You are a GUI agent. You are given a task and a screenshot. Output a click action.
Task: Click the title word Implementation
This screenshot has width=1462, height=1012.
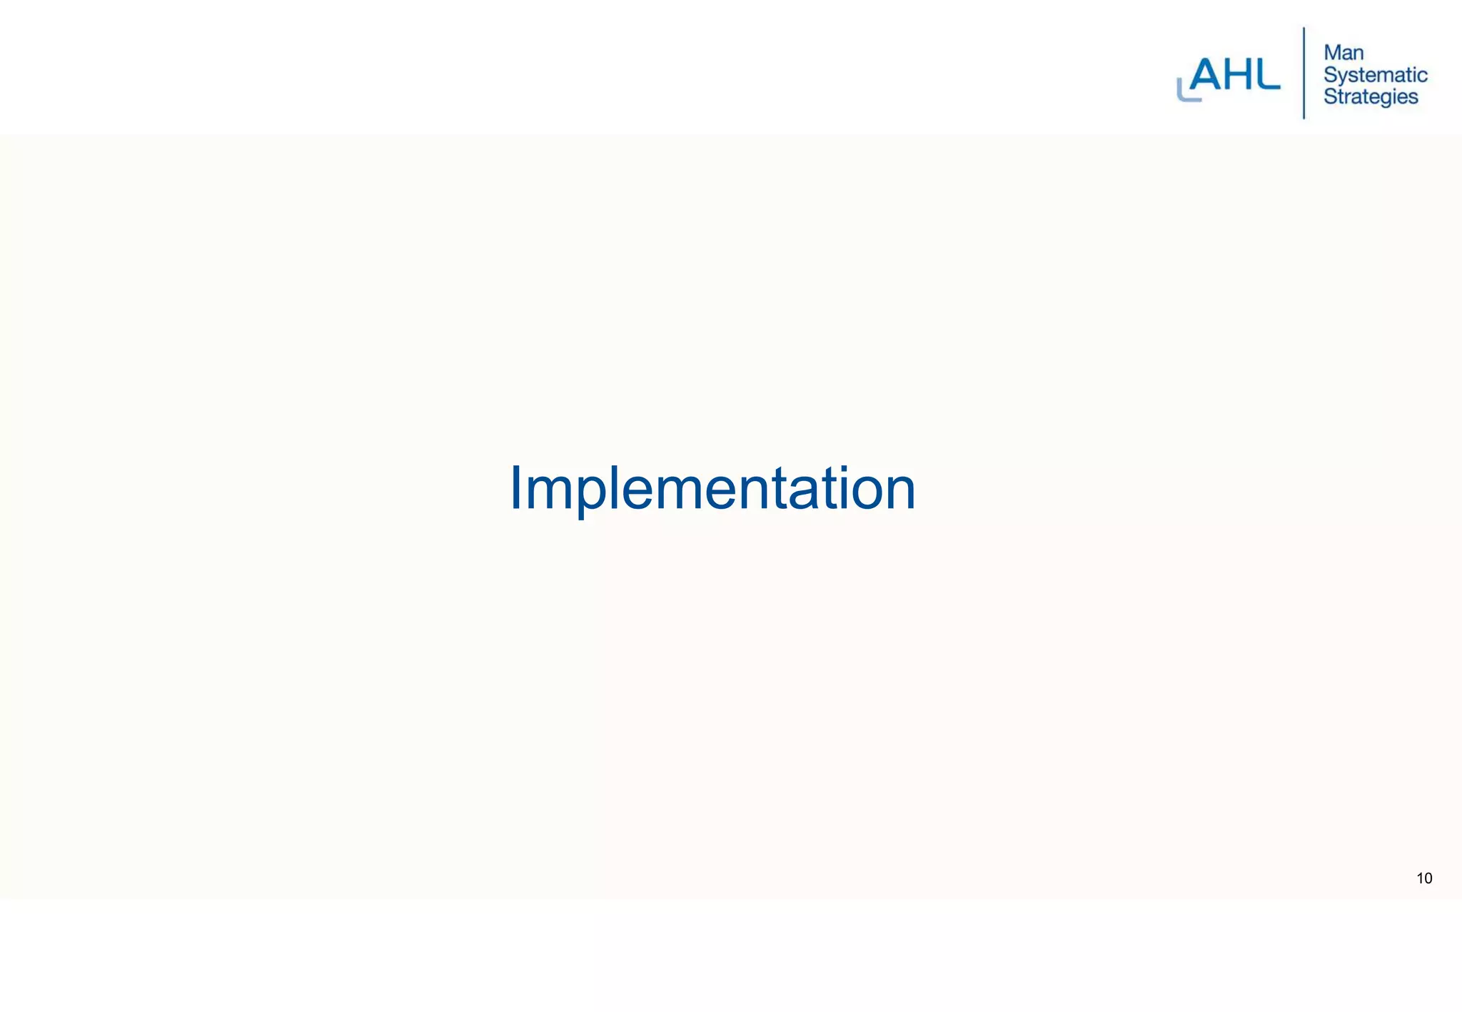(x=712, y=489)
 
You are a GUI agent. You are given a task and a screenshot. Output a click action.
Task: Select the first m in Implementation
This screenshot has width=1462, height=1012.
(x=550, y=495)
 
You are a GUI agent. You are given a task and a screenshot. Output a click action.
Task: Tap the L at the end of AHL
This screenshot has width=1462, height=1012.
(x=1267, y=76)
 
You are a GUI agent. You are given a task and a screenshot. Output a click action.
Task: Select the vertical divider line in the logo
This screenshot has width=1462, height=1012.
(x=1304, y=73)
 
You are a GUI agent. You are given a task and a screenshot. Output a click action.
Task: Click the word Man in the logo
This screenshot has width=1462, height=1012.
(x=1343, y=53)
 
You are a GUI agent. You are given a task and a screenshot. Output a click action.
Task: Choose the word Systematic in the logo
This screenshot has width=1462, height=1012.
(x=1375, y=75)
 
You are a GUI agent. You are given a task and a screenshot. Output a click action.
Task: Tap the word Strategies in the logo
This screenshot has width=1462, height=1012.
(x=1370, y=96)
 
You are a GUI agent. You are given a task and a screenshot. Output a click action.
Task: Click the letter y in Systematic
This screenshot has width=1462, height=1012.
(x=1341, y=78)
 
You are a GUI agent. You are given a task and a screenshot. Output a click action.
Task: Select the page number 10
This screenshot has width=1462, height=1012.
(x=1424, y=879)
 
